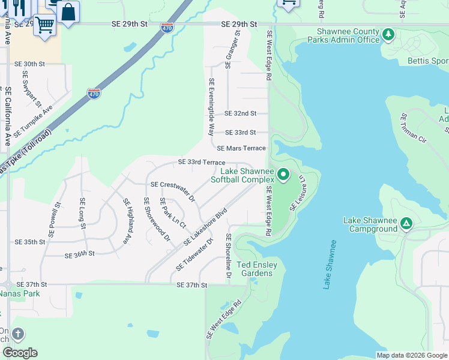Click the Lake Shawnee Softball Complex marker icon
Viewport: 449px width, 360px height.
(283, 175)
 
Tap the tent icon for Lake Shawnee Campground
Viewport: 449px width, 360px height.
(406, 224)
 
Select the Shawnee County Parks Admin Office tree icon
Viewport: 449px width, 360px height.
(388, 35)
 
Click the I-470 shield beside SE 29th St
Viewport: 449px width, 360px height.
(167, 28)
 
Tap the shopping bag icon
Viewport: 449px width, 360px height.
(68, 12)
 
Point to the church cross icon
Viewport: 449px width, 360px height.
(17, 334)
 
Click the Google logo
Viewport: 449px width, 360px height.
(20, 353)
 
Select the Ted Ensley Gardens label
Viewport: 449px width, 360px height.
(263, 269)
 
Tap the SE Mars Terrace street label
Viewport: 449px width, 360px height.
(241, 148)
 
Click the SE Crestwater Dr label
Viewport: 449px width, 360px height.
(173, 190)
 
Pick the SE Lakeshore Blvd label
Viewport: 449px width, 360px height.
(206, 227)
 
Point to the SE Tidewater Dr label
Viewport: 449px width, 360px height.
(195, 255)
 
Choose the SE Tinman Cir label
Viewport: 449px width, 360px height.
(414, 128)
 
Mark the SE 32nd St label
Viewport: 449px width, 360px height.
(240, 113)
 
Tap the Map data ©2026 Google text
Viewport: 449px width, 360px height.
(411, 355)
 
